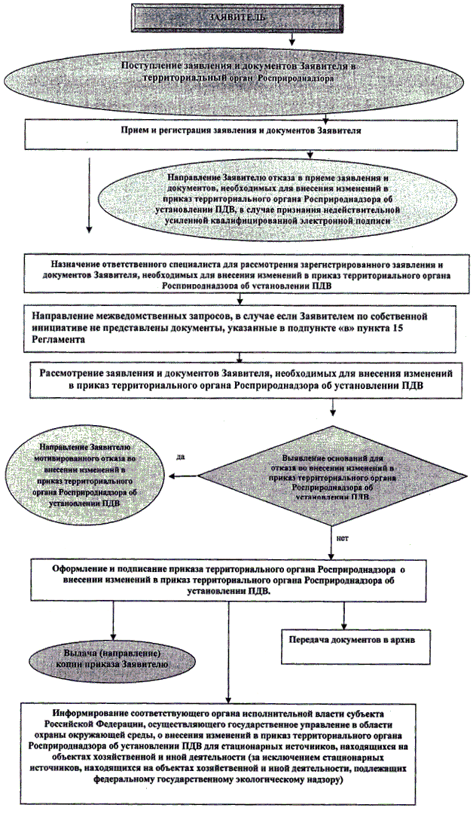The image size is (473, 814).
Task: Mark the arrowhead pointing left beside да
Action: pyautogui.click(x=174, y=476)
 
